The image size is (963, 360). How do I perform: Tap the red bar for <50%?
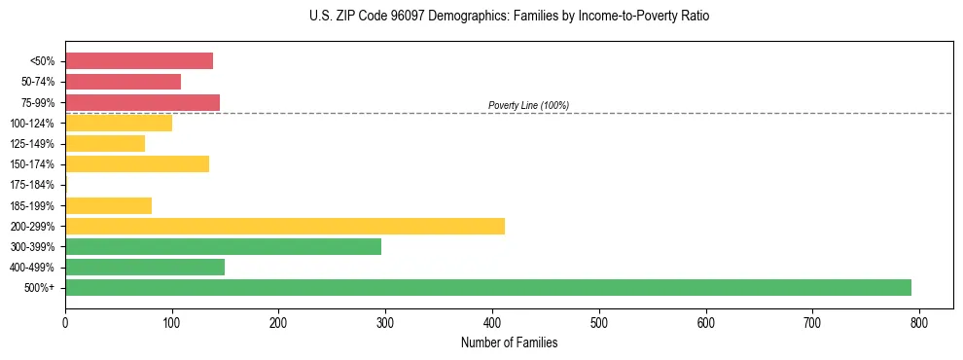click(139, 61)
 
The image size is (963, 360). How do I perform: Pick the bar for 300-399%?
click(224, 246)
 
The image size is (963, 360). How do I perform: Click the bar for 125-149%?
click(105, 143)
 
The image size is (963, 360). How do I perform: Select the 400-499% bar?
click(145, 267)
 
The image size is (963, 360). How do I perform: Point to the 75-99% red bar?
click(142, 102)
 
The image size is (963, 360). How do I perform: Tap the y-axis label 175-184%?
click(32, 185)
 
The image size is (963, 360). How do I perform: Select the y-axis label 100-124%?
click(32, 124)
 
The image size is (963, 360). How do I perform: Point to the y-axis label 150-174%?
click(32, 164)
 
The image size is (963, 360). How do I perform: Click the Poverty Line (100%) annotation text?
click(528, 105)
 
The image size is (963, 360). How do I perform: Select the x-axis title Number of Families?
click(509, 342)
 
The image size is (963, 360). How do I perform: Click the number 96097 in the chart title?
click(428, 17)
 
